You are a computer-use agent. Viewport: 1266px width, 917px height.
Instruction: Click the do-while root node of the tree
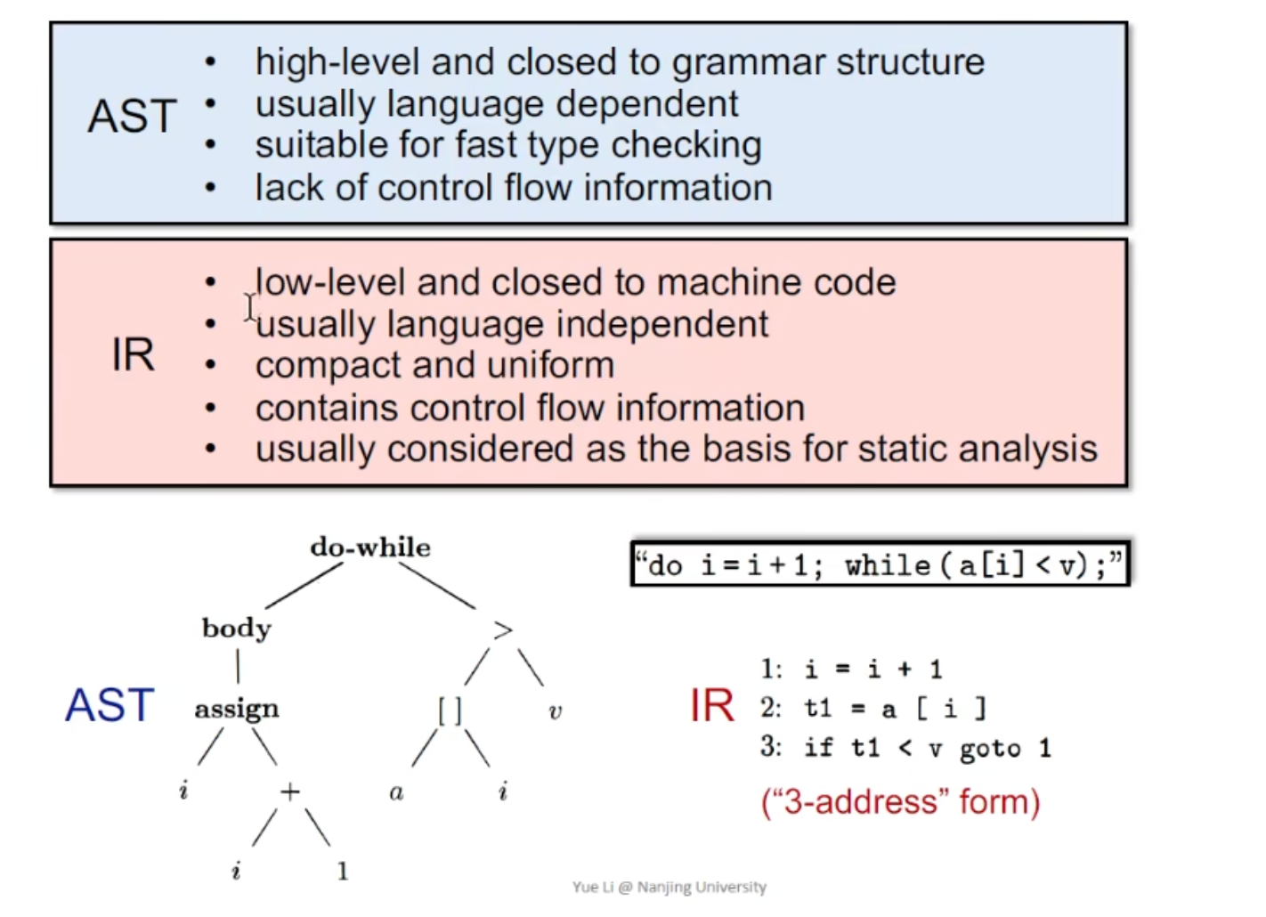tap(370, 548)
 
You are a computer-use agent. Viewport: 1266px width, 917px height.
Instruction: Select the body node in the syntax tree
tap(236, 629)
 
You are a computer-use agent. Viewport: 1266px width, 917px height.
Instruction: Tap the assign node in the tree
tap(236, 709)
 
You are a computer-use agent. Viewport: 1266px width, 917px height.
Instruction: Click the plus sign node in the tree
tap(290, 791)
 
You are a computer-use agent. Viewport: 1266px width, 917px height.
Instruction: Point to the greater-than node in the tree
tap(503, 630)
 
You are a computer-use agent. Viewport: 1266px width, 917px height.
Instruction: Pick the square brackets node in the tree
tap(450, 710)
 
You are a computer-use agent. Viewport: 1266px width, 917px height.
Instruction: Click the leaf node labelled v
tap(556, 712)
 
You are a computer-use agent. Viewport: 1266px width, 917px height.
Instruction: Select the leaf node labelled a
tap(396, 792)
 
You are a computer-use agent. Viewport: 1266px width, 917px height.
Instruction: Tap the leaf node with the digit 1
tap(343, 871)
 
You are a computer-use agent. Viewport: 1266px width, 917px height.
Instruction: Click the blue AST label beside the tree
tap(110, 705)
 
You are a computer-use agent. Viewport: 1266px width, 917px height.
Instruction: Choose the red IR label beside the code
tap(712, 705)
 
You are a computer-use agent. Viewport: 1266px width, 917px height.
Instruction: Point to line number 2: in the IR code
tap(771, 708)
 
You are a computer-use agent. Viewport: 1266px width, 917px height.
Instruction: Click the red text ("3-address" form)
tap(900, 801)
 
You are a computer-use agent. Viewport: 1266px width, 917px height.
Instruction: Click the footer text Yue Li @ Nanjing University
tap(669, 887)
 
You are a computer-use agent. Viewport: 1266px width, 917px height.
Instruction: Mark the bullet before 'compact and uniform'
tap(210, 365)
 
